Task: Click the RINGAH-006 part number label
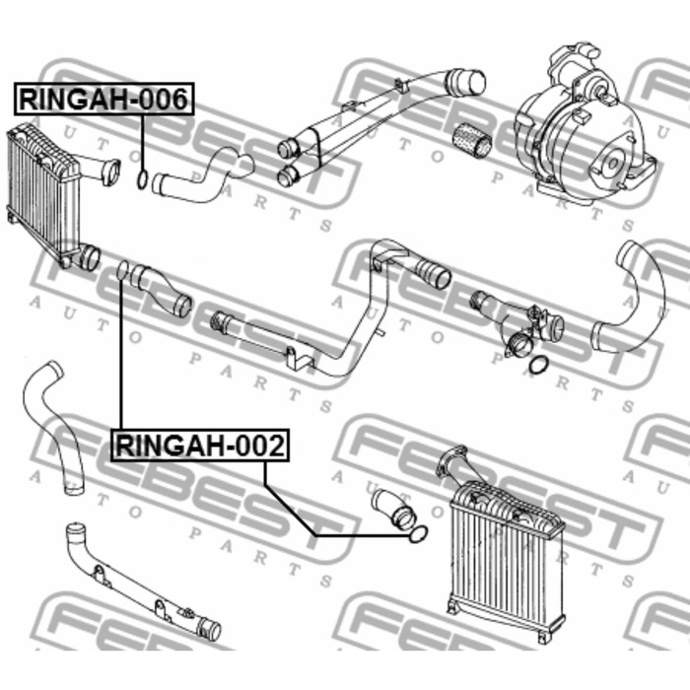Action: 103,99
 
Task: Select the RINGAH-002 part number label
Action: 200,446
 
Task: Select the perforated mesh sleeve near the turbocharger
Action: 472,140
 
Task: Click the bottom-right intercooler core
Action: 506,563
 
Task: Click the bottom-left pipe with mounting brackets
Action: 142,584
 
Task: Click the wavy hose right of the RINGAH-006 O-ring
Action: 202,176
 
